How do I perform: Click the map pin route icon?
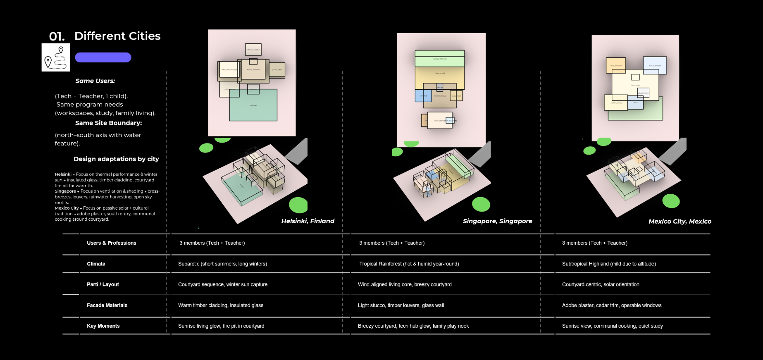pyautogui.click(x=56, y=57)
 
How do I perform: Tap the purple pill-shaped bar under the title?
pyautogui.click(x=103, y=57)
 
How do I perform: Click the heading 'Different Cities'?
pyautogui.click(x=117, y=36)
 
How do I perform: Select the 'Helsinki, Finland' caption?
pyautogui.click(x=308, y=221)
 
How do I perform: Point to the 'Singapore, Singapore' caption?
pyautogui.click(x=497, y=221)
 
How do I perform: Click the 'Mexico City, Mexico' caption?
pyautogui.click(x=680, y=222)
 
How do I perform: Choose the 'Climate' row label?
pyautogui.click(x=96, y=264)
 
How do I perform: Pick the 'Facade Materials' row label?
pyautogui.click(x=107, y=305)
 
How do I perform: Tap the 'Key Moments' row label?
pyautogui.click(x=103, y=326)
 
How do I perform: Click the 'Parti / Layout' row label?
pyautogui.click(x=103, y=284)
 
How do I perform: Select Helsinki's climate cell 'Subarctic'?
pyautogui.click(x=222, y=264)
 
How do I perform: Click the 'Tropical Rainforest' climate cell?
pyautogui.click(x=409, y=264)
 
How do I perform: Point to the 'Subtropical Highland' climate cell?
pyautogui.click(x=608, y=264)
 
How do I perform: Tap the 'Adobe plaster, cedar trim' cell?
pyautogui.click(x=611, y=305)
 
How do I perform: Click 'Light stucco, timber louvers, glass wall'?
pyautogui.click(x=401, y=305)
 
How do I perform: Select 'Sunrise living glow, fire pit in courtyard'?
pyautogui.click(x=221, y=326)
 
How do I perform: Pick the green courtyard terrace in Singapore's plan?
pyautogui.click(x=439, y=60)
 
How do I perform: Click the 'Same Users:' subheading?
pyautogui.click(x=95, y=81)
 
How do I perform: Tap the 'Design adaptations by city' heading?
pyautogui.click(x=116, y=159)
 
